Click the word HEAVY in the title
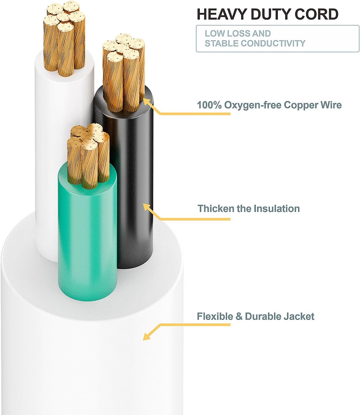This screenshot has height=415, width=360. coord(222,14)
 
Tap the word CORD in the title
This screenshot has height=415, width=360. coord(316,14)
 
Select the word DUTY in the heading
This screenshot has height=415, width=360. coord(271,14)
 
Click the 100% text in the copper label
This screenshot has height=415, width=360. coord(209,105)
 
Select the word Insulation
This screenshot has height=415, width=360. coord(277,208)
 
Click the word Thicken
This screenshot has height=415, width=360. coord(216,208)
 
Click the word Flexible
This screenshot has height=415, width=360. coord(215,316)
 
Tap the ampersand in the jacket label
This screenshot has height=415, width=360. coord(239,317)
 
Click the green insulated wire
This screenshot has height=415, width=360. coord(87,231)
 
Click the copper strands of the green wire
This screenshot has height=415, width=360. coord(88,156)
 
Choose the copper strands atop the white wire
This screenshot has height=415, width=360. coord(65,38)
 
